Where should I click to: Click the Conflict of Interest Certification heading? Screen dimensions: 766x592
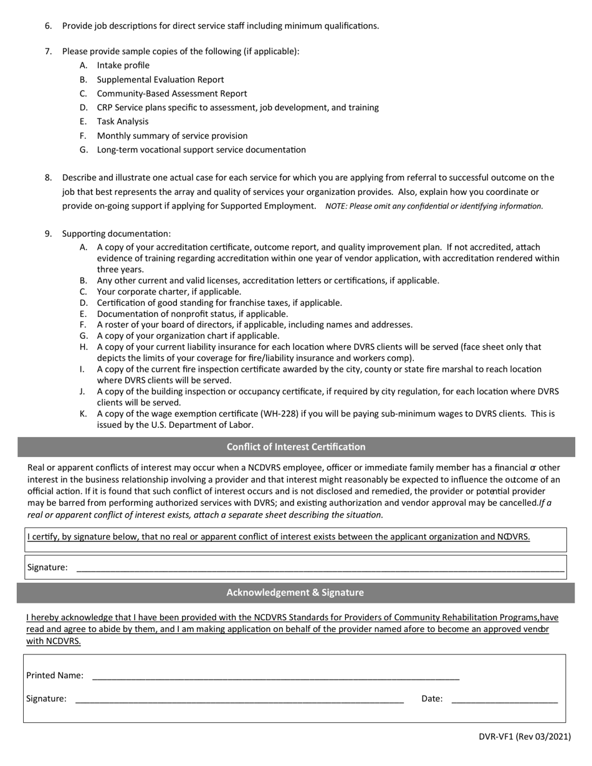295,447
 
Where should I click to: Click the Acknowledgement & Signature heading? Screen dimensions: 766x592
295,592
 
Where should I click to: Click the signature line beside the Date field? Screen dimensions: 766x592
239,699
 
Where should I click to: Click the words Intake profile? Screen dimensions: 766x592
123,65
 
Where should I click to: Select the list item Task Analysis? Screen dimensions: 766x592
122,121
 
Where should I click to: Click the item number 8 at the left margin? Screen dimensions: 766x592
48,177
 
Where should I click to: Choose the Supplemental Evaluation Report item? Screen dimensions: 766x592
160,80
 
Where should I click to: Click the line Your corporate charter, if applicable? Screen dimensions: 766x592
169,291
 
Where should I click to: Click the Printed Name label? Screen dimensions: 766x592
55,675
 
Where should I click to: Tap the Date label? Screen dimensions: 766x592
432,699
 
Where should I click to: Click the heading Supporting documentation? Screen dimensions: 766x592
116,234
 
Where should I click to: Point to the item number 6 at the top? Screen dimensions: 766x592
48,26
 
